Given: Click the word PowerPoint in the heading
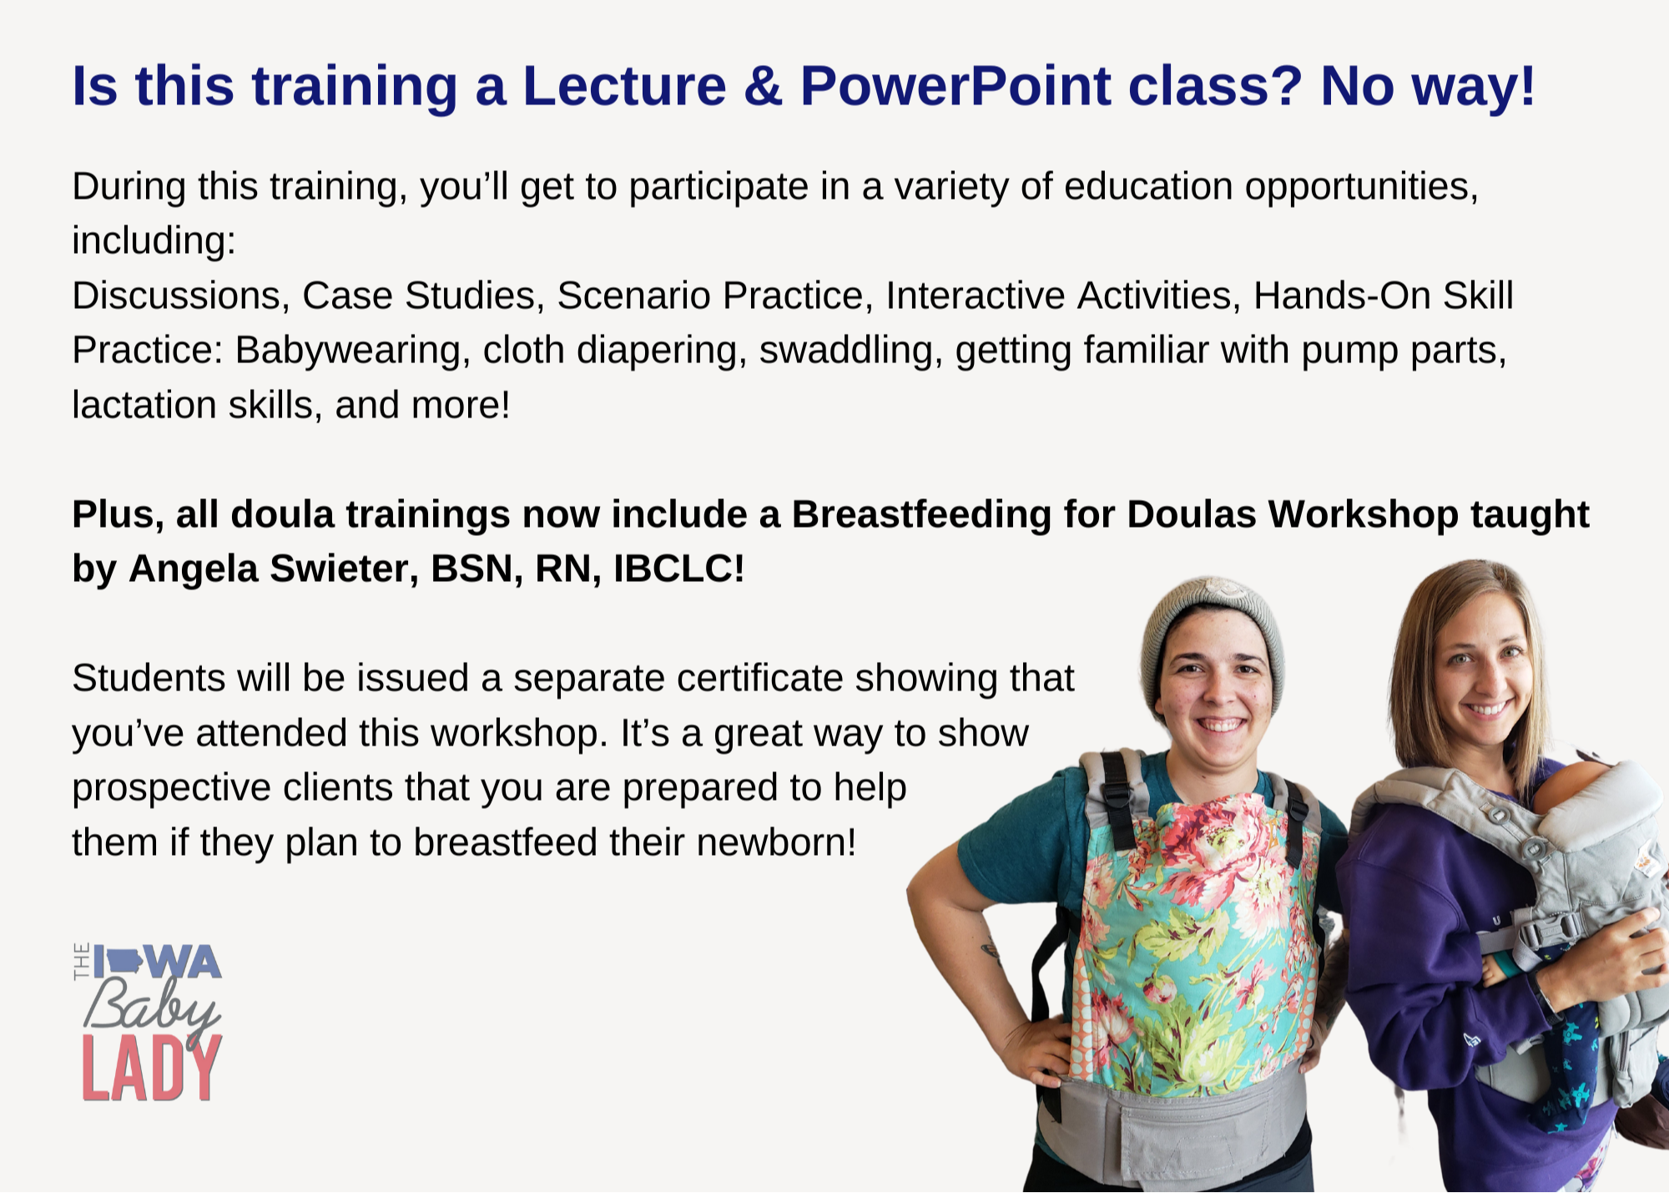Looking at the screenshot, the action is pos(956,86).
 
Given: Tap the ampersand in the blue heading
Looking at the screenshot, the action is pos(763,86).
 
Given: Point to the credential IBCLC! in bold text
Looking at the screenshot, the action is pos(678,569).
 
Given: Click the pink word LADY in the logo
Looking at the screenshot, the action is pos(152,1069).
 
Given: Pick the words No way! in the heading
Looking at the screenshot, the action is pos(1428,87).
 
